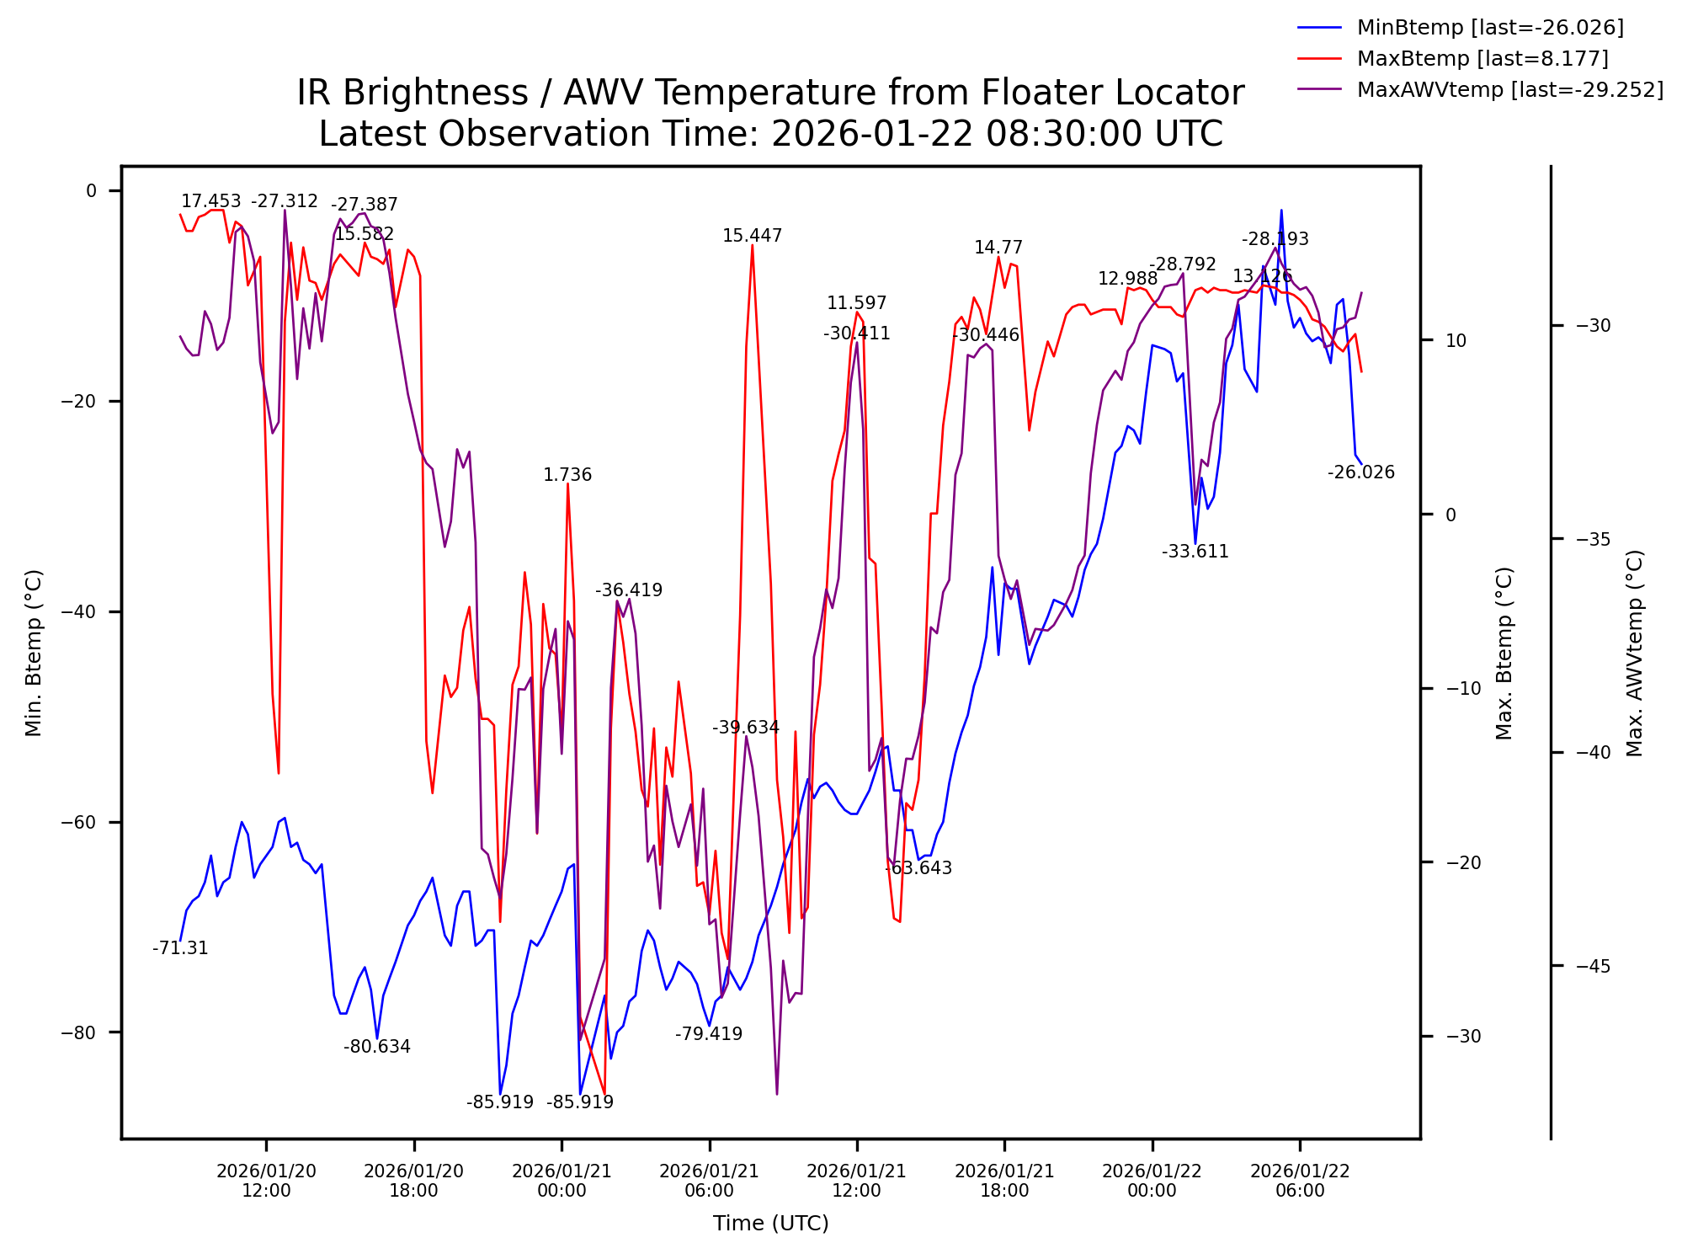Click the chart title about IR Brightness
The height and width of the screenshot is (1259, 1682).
(770, 93)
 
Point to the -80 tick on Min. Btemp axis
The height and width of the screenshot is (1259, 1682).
(79, 1033)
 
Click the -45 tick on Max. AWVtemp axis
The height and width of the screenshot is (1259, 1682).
(1594, 966)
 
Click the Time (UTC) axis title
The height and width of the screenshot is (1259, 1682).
(770, 1224)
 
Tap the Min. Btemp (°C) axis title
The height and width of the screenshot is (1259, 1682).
(34, 653)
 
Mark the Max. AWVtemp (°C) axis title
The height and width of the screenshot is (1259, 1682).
(1635, 653)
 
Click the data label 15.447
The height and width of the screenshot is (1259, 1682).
(752, 236)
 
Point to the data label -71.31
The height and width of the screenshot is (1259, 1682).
(180, 948)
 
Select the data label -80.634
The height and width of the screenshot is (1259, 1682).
(376, 1047)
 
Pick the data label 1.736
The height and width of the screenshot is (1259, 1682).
(567, 475)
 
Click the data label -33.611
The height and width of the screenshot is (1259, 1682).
(1195, 552)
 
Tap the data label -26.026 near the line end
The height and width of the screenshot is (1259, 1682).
(1360, 472)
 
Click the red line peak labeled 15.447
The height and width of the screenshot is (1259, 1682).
(752, 246)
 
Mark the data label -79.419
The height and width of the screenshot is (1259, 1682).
(708, 1034)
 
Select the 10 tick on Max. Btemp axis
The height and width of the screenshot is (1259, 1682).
(1456, 341)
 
